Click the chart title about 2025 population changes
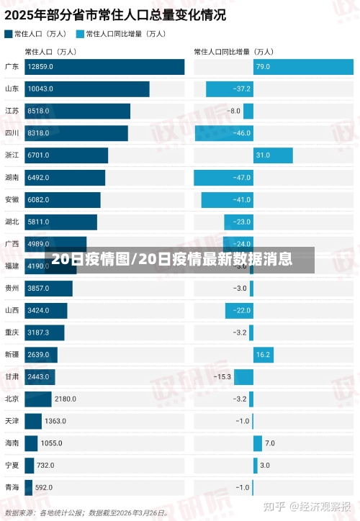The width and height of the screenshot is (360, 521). [x=114, y=14]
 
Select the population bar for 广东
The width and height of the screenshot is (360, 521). [x=104, y=67]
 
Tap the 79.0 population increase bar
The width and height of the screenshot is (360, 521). [x=303, y=67]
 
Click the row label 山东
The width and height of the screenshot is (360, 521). [x=12, y=89]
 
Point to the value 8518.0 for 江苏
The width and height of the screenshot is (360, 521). [x=38, y=112]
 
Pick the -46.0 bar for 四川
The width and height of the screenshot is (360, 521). [x=224, y=133]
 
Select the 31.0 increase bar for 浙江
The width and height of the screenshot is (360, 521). [x=273, y=155]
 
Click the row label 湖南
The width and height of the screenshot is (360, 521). [x=12, y=178]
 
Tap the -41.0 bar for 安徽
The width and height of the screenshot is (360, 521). [x=227, y=199]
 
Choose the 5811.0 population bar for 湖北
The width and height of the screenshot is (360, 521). [x=60, y=222]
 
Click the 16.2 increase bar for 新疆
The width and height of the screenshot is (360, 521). [x=263, y=355]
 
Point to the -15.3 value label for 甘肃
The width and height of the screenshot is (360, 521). [x=222, y=377]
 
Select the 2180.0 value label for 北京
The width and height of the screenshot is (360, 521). [x=65, y=399]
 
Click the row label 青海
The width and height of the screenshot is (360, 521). [x=12, y=487]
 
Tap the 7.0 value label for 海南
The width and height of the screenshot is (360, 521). [x=270, y=443]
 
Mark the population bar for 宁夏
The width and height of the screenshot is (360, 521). [x=29, y=466]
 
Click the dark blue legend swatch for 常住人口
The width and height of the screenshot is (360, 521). [x=8, y=33]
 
